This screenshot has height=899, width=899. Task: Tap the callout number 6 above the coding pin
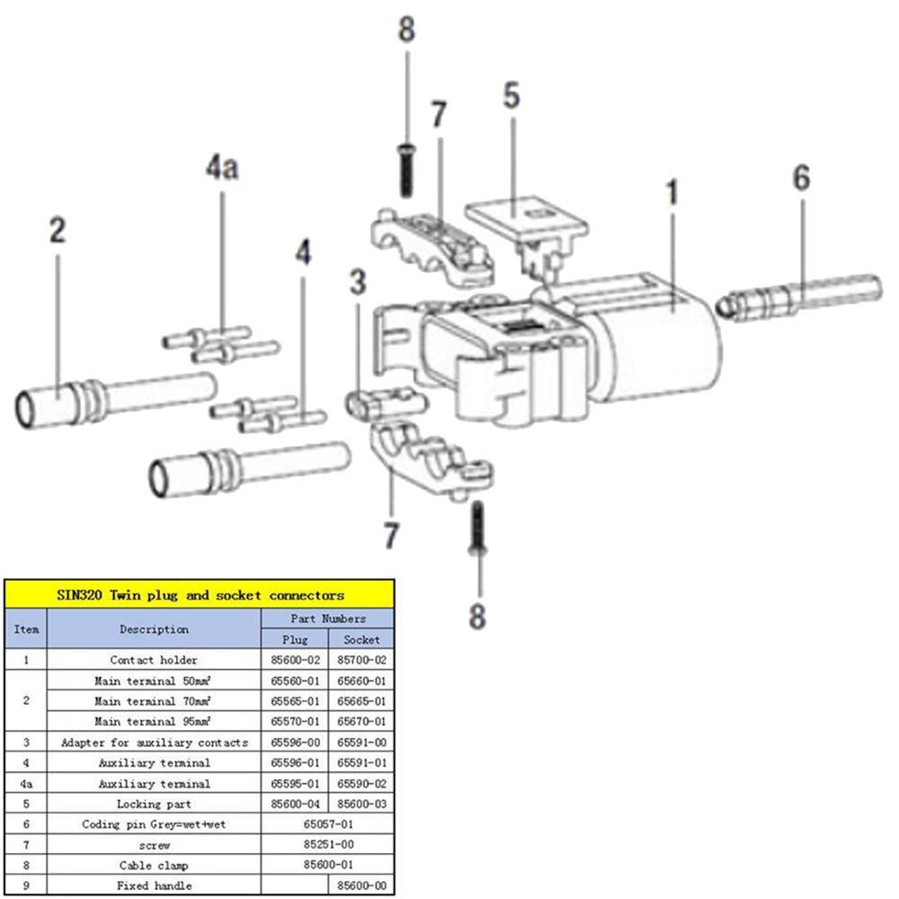[x=801, y=178]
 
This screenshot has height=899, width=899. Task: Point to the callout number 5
[x=512, y=96]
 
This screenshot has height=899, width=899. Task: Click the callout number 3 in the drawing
[x=358, y=283]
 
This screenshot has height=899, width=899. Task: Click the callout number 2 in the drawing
[x=57, y=231]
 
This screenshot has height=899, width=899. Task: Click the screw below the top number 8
[x=405, y=171]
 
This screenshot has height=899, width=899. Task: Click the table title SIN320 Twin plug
[x=200, y=594]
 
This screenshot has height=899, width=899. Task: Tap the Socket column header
[x=360, y=639]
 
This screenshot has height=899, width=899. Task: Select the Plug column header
[x=294, y=639]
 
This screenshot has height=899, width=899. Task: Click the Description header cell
[x=154, y=629]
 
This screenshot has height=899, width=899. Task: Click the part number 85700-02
[x=360, y=660]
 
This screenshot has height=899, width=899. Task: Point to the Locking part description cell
[x=154, y=804]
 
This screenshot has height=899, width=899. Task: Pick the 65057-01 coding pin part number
[x=327, y=823]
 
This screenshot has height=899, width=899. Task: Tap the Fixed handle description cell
[x=154, y=886]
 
